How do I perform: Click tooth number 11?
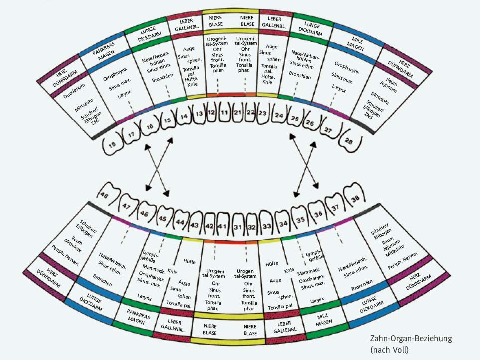(x=225, y=113)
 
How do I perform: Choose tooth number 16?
(x=149, y=128)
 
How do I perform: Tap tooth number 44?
(x=180, y=220)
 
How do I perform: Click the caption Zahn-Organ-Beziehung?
(x=409, y=339)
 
